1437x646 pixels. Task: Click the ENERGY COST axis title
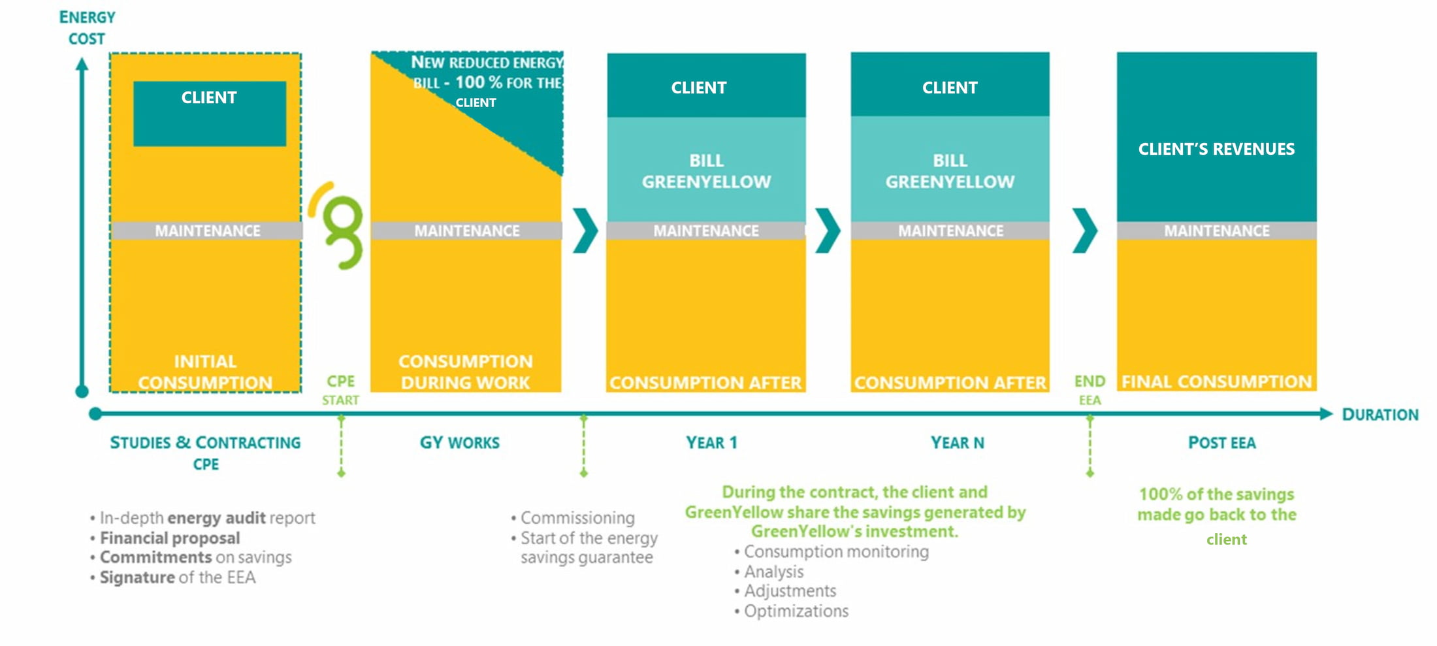click(x=87, y=27)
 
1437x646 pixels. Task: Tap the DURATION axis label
click(x=1380, y=415)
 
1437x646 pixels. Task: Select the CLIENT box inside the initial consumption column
click(x=210, y=113)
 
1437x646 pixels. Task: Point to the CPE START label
click(x=340, y=390)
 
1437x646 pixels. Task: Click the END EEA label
click(x=1090, y=390)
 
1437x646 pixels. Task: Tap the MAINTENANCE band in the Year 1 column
click(x=706, y=231)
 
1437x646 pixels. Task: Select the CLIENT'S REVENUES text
click(x=1216, y=149)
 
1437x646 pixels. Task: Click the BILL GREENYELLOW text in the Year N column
click(x=950, y=171)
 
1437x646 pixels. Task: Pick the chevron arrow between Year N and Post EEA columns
click(x=1084, y=231)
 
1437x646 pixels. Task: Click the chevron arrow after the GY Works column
click(x=585, y=231)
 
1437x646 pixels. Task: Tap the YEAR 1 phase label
click(x=711, y=443)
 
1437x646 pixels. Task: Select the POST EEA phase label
click(x=1221, y=443)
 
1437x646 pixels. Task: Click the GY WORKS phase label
click(x=459, y=443)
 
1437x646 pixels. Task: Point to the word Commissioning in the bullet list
click(x=577, y=518)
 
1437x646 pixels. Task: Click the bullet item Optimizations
click(x=796, y=611)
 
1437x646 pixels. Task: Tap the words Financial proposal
click(x=170, y=538)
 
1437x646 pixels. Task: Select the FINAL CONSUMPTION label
click(x=1216, y=381)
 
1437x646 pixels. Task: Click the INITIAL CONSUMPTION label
click(x=205, y=372)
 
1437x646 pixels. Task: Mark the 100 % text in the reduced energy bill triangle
click(x=478, y=82)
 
